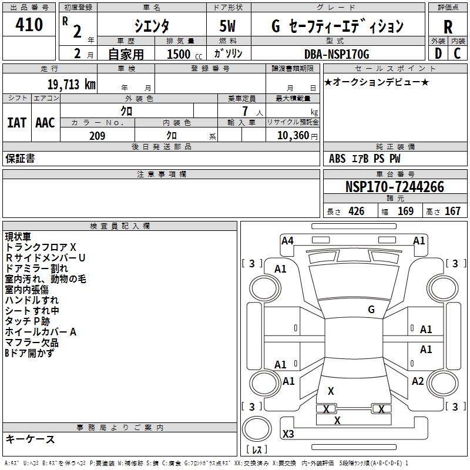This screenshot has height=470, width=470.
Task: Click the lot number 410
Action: pyautogui.click(x=29, y=25)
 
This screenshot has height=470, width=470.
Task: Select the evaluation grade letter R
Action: pyautogui.click(x=448, y=27)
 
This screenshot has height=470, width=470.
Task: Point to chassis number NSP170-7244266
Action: pyautogui.click(x=394, y=187)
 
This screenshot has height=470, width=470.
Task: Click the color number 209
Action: pyautogui.click(x=97, y=136)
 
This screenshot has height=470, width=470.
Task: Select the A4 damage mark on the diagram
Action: pyautogui.click(x=287, y=240)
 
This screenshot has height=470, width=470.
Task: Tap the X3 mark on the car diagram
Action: pyautogui.click(x=288, y=434)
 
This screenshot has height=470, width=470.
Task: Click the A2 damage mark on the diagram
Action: pyautogui.click(x=418, y=381)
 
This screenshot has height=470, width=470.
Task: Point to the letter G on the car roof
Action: pyautogui.click(x=371, y=310)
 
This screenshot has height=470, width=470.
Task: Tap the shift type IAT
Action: pyautogui.click(x=16, y=123)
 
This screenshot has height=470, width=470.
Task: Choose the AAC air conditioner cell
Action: pyautogui.click(x=45, y=123)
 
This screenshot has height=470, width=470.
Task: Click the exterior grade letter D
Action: pyautogui.click(x=438, y=53)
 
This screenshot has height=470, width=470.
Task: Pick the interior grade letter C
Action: pyautogui.click(x=457, y=53)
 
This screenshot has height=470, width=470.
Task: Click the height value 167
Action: pyautogui.click(x=452, y=211)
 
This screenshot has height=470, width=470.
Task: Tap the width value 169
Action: pyautogui.click(x=406, y=211)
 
